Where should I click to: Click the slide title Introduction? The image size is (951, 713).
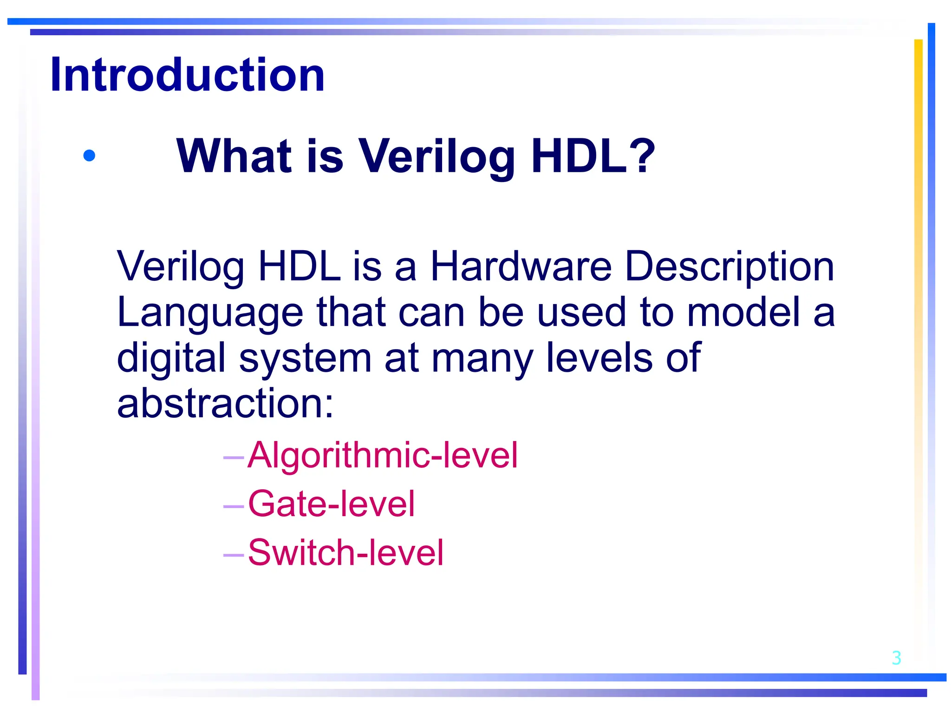pos(187,75)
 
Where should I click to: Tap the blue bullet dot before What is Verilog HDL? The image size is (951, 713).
pos(89,156)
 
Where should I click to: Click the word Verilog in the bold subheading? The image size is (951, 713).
pos(436,157)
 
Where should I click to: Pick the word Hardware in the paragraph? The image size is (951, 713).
pos(521,266)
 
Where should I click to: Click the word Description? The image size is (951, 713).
pos(730,267)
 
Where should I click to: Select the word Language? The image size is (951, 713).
pos(210,313)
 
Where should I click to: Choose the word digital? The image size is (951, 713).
pos(171,357)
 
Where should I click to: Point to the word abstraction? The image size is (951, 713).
pos(225,403)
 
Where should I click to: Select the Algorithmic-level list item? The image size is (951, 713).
pos(382,455)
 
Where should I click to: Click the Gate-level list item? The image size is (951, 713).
pos(331,504)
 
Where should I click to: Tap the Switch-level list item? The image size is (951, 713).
pos(345,552)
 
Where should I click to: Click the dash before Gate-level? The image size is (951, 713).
pos(234,506)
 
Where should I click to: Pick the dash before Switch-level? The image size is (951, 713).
pos(234,554)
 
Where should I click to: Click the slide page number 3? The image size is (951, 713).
pos(896,658)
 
